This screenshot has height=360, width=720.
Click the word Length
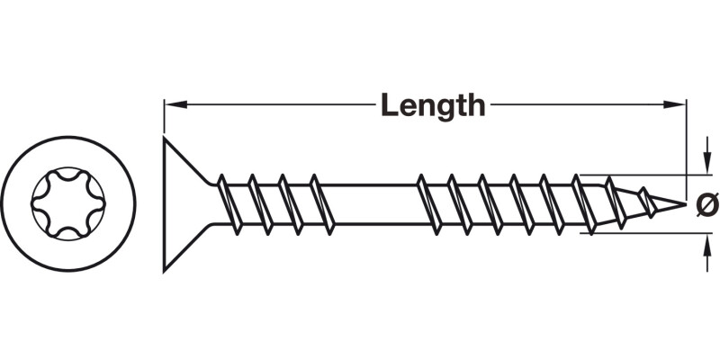coord(432,105)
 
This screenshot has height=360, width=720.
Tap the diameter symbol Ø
coord(708,204)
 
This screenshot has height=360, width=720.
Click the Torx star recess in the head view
coord(68,203)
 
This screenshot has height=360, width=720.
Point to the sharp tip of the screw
coord(694,204)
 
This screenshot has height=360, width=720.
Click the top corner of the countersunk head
coord(165,139)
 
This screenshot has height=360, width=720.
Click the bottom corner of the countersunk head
coord(165,269)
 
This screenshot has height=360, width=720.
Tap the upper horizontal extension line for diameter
coord(639,175)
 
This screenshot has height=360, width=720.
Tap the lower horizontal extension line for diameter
coord(639,233)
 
